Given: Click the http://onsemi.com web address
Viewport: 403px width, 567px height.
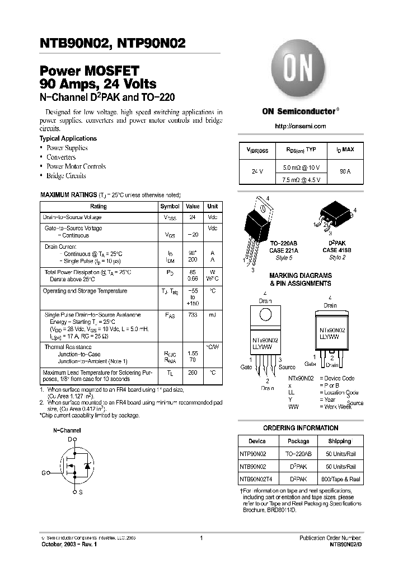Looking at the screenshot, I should pyautogui.click(x=300, y=127).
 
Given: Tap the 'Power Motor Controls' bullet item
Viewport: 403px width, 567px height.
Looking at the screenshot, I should pyautogui.click(x=76, y=166).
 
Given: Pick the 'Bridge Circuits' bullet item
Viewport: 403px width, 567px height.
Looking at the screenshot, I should pyautogui.click(x=66, y=176).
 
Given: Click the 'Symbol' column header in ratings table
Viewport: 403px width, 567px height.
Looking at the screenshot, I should pyautogui.click(x=170, y=206).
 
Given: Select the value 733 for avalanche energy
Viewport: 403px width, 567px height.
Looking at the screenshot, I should pyautogui.click(x=193, y=315).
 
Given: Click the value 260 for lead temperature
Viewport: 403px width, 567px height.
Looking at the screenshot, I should pyautogui.click(x=193, y=373).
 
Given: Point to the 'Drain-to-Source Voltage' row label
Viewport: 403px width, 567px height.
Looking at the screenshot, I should pyautogui.click(x=72, y=217).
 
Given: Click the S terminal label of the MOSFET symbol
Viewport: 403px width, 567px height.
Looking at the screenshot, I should pyautogui.click(x=80, y=492).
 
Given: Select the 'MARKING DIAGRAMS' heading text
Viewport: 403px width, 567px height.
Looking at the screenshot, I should pyautogui.click(x=300, y=276).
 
